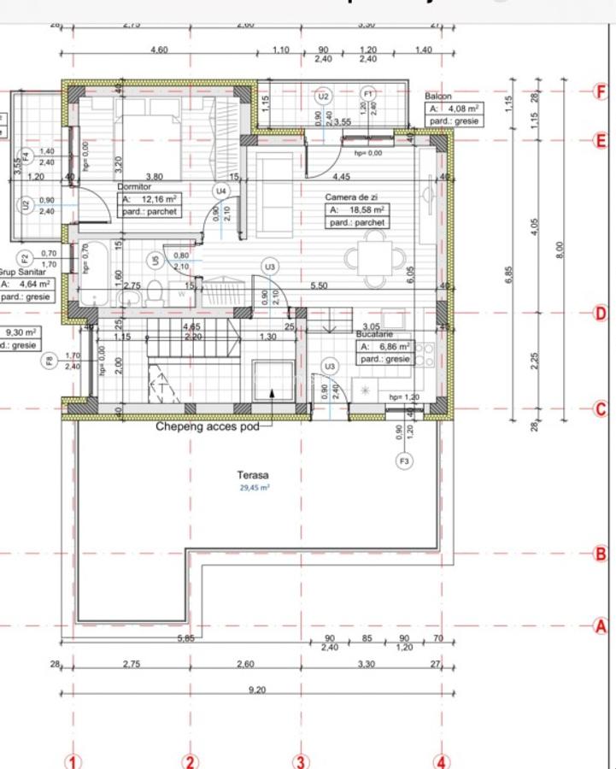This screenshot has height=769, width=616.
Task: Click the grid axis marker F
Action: [600, 91]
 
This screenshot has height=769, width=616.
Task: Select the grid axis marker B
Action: [600, 555]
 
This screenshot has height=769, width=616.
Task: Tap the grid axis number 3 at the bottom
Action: [300, 761]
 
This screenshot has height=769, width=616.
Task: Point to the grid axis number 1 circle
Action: [73, 761]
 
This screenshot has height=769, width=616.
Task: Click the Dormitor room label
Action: [134, 185]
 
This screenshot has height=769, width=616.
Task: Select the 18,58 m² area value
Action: [367, 208]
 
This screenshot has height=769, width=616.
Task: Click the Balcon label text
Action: [438, 97]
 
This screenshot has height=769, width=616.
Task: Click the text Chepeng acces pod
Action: [207, 425]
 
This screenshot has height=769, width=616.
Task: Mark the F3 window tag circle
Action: [404, 462]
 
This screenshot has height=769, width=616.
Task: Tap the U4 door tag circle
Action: [221, 191]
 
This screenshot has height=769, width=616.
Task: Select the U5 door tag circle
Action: [155, 261]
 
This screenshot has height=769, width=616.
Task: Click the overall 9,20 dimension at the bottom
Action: [255, 691]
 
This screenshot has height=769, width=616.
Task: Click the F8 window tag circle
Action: [50, 361]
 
